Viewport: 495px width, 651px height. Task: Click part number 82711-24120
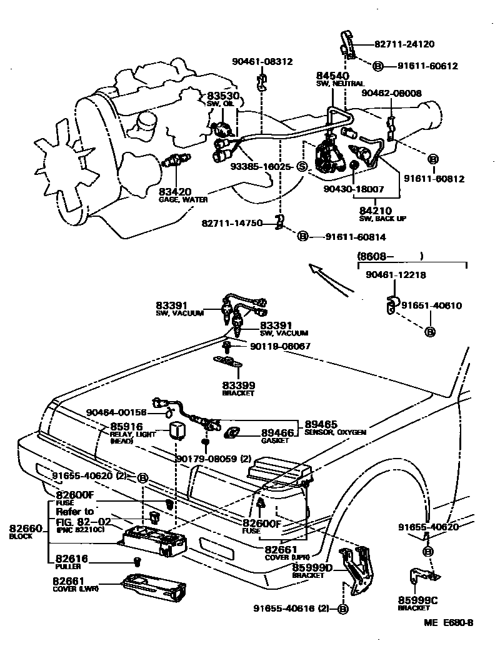click(404, 44)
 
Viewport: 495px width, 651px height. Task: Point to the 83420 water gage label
click(174, 192)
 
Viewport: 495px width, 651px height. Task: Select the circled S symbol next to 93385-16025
click(301, 166)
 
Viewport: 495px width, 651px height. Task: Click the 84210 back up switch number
click(375, 211)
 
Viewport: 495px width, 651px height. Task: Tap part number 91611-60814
click(355, 237)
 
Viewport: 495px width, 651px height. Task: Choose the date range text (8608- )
click(390, 256)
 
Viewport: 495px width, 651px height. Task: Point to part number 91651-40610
click(431, 306)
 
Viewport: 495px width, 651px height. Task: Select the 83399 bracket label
click(237, 386)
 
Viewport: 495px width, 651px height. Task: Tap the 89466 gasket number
click(277, 432)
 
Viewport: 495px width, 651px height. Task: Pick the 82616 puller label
click(72, 559)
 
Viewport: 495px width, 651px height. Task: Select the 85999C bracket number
click(418, 600)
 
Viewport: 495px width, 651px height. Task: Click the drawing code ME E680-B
click(448, 622)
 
